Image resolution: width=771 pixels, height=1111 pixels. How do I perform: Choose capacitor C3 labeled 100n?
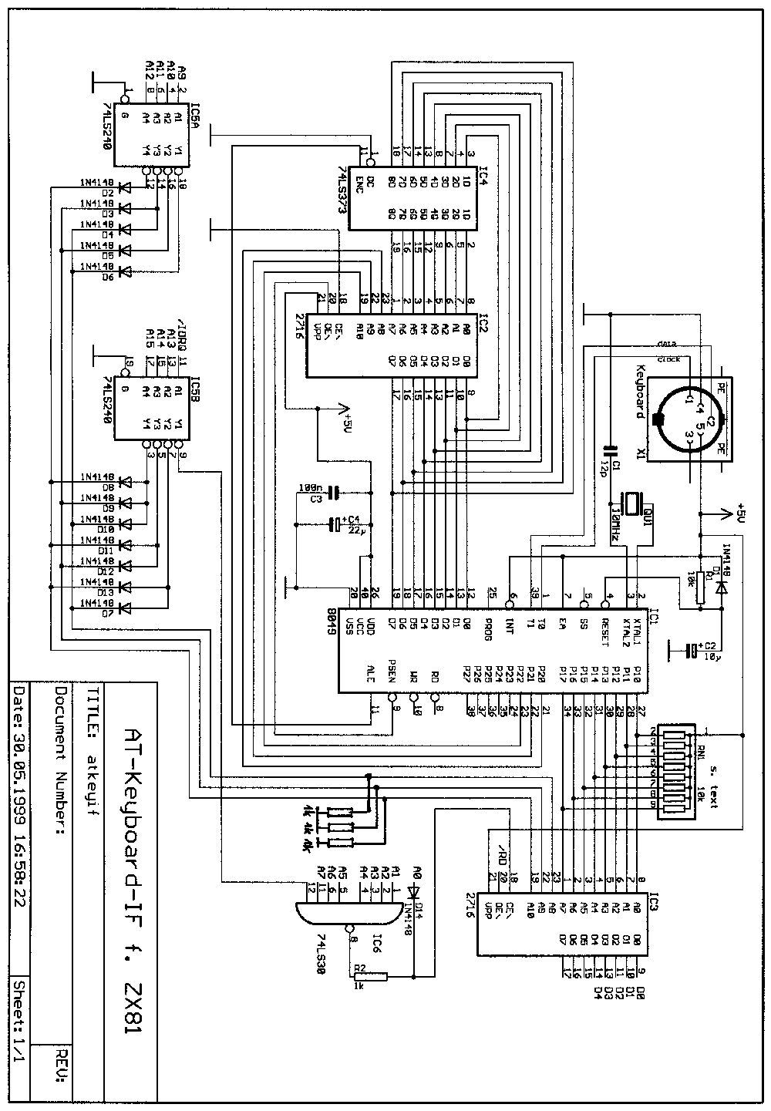coord(333,492)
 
